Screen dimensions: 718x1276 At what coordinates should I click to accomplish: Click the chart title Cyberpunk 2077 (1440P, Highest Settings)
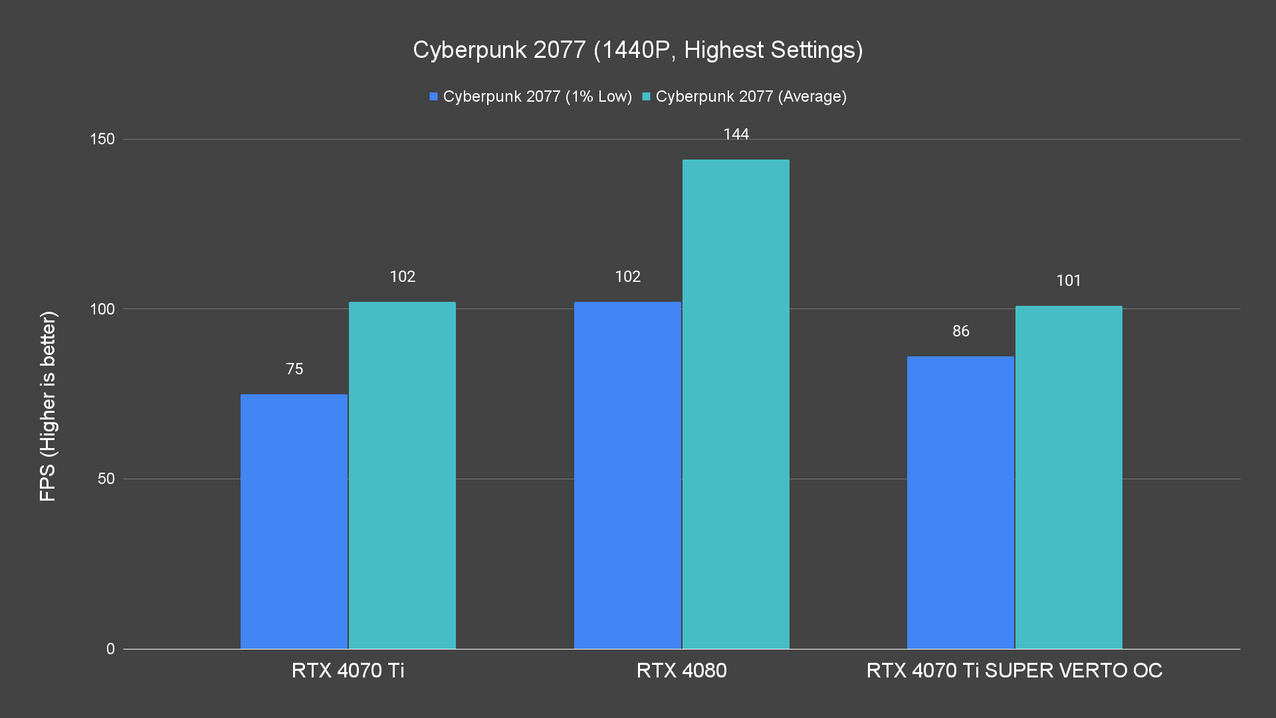637,51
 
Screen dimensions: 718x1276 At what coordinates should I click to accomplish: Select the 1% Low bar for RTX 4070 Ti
294,521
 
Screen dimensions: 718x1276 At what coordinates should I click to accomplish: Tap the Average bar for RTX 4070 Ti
402,475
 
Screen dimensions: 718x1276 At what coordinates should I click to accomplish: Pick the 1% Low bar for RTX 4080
627,475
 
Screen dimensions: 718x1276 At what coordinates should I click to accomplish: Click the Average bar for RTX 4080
736,404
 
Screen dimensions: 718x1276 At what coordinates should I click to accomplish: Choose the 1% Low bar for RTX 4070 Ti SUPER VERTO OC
960,503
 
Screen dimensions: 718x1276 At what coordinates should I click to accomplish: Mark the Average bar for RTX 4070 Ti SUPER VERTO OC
1069,477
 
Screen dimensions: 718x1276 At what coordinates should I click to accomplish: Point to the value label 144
736,135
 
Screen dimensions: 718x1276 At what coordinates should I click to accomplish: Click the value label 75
294,369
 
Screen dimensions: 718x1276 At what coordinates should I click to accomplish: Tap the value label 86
961,331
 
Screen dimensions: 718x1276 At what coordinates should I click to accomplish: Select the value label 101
1069,281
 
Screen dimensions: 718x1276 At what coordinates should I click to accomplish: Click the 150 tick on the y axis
102,140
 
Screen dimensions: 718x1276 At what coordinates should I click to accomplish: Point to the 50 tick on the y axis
106,479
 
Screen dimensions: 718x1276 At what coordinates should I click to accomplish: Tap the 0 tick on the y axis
110,649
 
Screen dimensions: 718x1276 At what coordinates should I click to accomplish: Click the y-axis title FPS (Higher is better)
48,406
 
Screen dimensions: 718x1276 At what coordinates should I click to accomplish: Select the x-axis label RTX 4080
681,670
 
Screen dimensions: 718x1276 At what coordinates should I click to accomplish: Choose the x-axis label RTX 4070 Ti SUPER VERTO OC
1014,670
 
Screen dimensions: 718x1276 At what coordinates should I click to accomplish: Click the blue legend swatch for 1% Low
434,97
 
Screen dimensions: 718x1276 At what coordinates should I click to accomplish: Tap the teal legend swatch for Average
646,97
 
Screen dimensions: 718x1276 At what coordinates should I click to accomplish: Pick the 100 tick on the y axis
102,309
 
